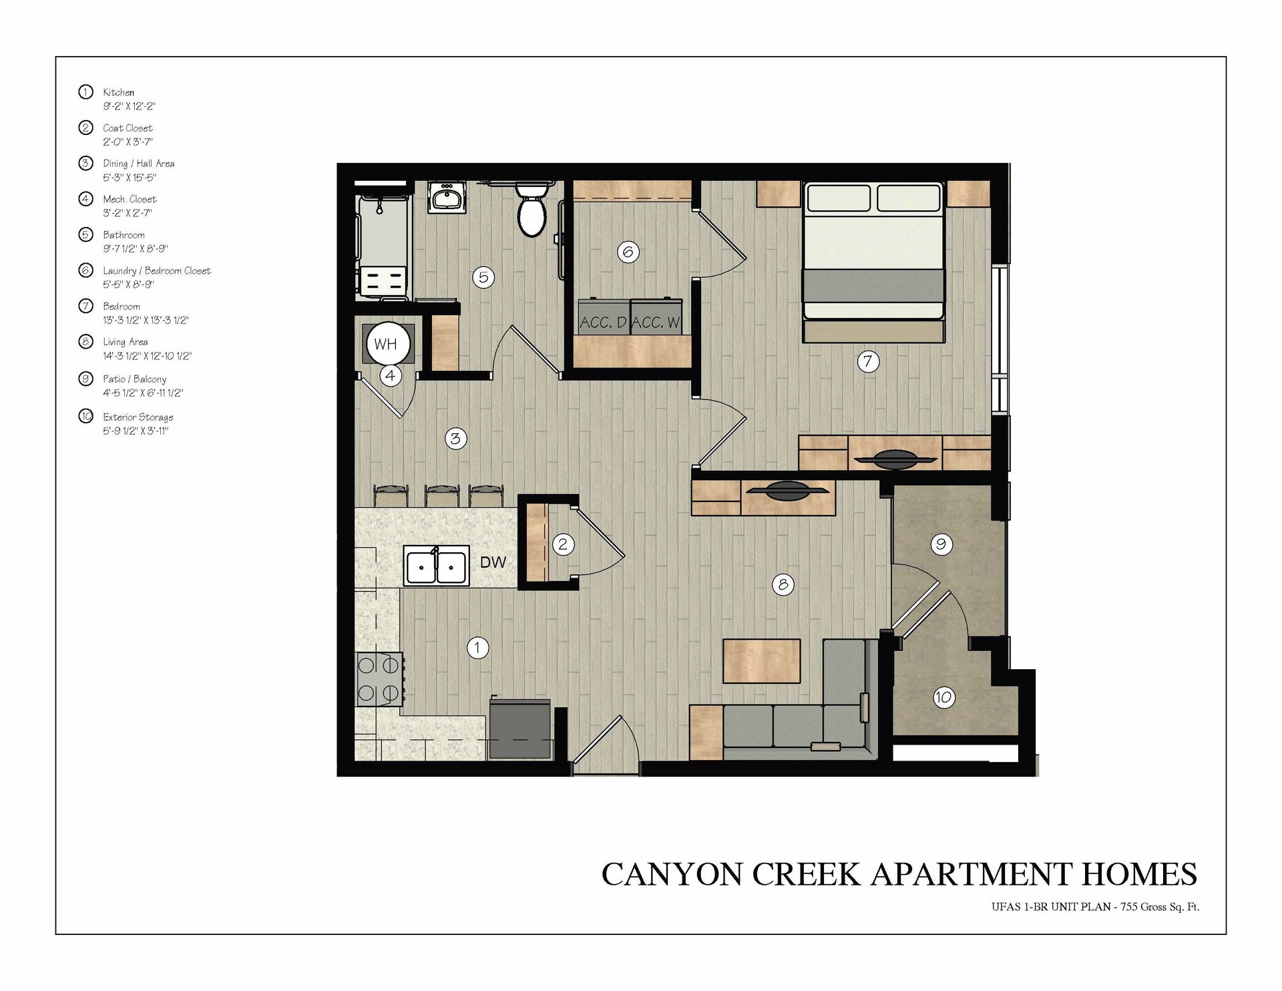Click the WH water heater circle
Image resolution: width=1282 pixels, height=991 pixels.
385,344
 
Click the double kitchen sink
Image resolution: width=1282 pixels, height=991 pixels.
435,567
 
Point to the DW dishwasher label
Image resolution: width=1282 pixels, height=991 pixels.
493,562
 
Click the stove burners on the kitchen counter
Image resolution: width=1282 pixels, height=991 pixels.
379,678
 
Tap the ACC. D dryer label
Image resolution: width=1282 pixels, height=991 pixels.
603,323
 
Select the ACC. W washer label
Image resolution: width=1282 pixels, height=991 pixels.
656,323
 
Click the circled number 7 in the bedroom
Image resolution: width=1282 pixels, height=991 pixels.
868,362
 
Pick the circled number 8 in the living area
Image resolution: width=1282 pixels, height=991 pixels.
783,585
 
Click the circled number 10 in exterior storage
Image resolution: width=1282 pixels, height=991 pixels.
943,698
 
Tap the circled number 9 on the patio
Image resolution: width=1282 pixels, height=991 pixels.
941,544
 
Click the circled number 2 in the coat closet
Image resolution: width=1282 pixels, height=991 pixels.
563,544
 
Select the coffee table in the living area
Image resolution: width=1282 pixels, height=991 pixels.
762,661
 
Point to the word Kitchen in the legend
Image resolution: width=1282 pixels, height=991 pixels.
118,92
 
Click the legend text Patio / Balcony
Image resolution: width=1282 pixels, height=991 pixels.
134,379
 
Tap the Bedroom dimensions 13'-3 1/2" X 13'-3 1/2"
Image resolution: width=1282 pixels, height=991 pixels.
146,321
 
